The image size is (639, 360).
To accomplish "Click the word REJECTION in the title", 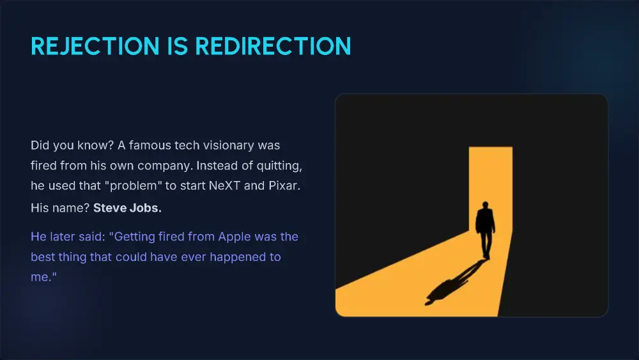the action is point(95,46).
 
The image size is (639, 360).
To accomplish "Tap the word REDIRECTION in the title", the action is point(273,46).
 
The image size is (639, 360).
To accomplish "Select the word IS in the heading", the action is point(177,46).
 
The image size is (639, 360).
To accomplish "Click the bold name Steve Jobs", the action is point(127,208).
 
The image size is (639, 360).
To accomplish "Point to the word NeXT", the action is point(224,185).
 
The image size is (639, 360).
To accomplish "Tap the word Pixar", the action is point(284,185).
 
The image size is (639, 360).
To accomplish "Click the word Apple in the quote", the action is point(235,237).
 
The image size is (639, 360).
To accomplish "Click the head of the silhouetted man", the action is point(485,205).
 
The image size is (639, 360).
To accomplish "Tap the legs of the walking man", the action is point(485,246).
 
